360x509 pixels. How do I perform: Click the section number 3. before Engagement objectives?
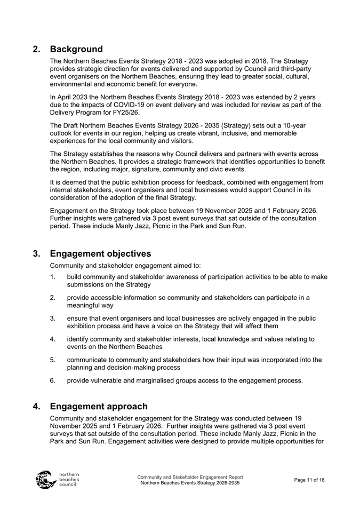[x=37, y=253]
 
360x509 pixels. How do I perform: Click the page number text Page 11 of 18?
[x=309, y=480]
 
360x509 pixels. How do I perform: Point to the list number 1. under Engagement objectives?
[x=53, y=277]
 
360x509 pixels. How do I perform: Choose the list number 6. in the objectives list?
[x=53, y=380]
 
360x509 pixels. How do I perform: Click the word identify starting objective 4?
[x=79, y=339]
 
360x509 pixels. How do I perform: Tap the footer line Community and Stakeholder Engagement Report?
[x=190, y=477]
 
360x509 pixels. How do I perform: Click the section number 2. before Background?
[x=37, y=50]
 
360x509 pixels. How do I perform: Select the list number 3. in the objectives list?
[x=53, y=319]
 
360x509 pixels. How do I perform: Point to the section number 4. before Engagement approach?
[x=37, y=407]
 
